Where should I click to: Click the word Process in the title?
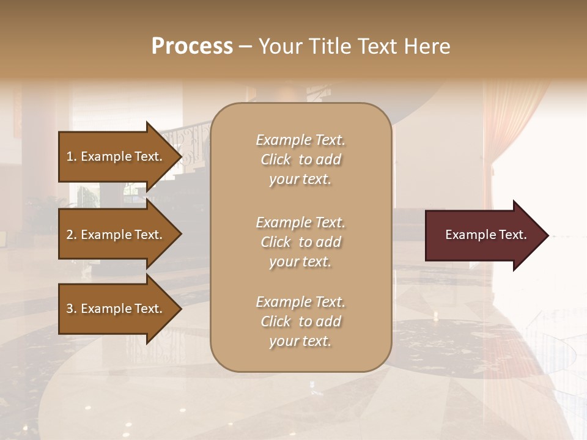192,46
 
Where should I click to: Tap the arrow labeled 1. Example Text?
116,156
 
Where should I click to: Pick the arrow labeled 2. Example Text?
116,235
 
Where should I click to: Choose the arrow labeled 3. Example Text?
116,309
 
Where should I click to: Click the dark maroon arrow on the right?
483,235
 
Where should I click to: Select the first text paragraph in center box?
300,159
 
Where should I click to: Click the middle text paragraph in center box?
300,242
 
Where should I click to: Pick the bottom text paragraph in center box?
300,321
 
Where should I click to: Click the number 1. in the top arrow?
71,156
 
